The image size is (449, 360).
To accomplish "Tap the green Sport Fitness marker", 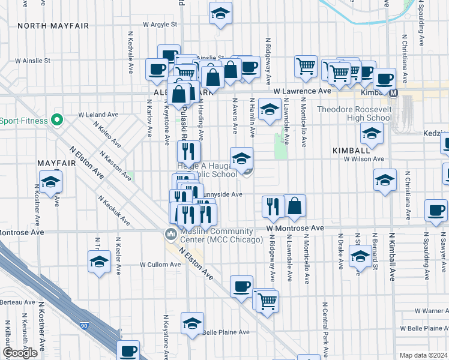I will click(57, 119).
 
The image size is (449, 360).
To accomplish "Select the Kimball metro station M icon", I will click(394, 93).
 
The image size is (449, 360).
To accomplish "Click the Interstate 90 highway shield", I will click(83, 325).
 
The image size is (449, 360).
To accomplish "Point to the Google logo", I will click(20, 353).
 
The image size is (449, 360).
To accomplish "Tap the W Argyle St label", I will click(160, 25).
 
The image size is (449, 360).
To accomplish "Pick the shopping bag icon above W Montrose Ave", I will click(295, 206).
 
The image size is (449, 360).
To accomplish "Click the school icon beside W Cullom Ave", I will click(99, 262).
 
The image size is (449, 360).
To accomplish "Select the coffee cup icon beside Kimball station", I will click(384, 78).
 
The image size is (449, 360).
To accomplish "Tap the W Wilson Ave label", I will click(363, 159).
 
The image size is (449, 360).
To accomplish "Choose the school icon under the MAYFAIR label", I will click(50, 181).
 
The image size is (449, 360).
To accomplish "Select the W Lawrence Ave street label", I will click(302, 91).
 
